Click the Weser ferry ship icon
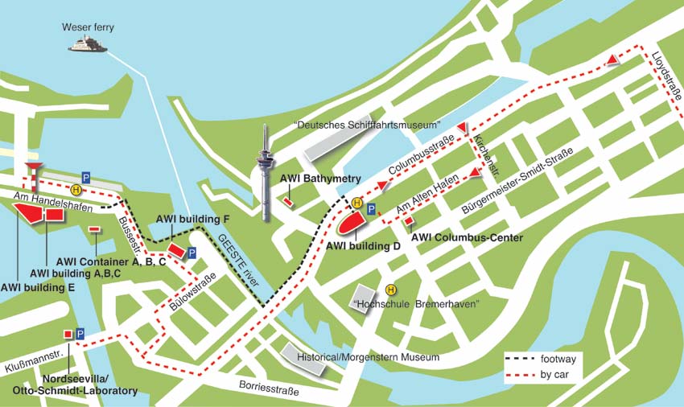88,45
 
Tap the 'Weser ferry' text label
88,27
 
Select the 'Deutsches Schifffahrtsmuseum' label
368,125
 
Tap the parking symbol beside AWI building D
371,209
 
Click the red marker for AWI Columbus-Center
408,221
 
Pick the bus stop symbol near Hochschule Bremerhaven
391,290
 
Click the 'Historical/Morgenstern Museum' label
368,356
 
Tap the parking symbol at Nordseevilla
80,333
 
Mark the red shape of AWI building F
177,251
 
